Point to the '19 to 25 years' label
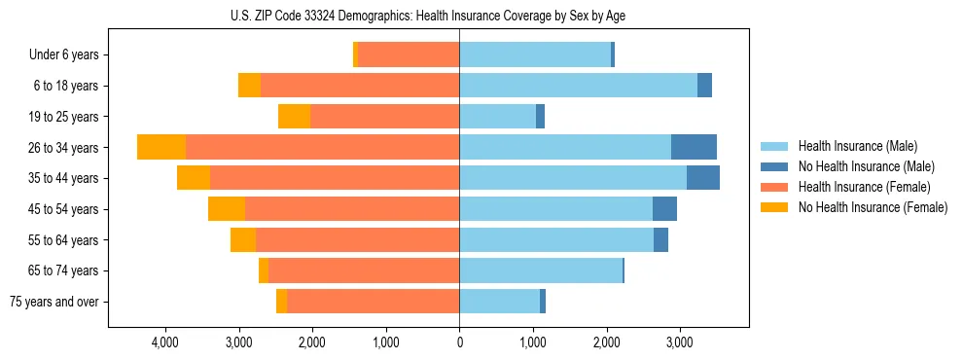point(63,117)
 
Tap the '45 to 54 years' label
point(63,209)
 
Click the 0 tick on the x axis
point(459,342)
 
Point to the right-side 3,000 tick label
point(680,342)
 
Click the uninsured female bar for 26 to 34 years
point(161,147)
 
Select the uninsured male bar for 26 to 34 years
point(694,147)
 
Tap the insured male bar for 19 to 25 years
point(497,117)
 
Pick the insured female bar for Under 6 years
point(409,54)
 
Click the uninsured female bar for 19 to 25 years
point(294,117)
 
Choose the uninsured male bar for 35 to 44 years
point(703,178)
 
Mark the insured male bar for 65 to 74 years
point(541,270)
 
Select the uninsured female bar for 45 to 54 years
point(227,209)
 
